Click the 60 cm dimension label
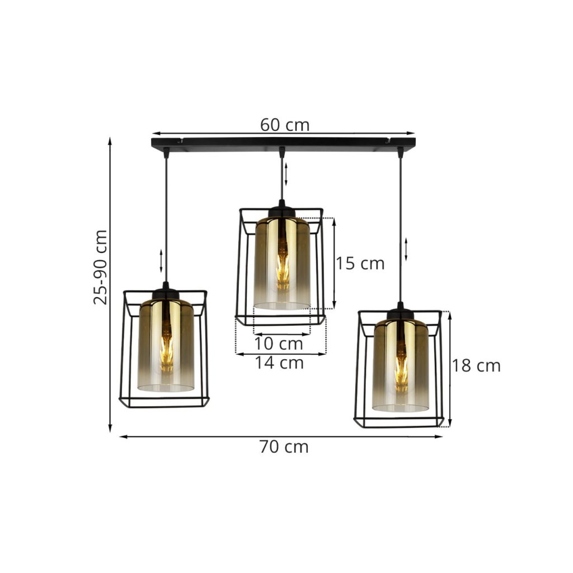click(x=285, y=125)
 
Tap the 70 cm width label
click(x=284, y=447)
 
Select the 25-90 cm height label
click(x=101, y=267)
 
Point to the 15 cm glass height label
click(x=360, y=263)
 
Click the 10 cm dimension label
click(x=279, y=344)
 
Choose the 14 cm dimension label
click(x=279, y=363)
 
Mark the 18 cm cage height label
click(x=476, y=365)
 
